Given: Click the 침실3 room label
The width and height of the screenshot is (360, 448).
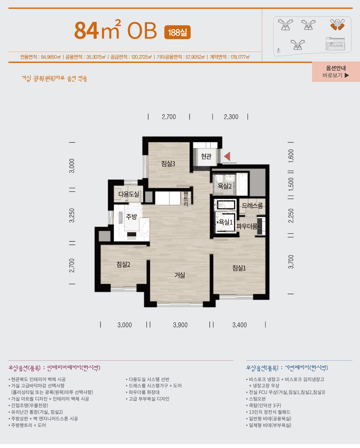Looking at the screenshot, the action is pyautogui.click(x=168, y=164).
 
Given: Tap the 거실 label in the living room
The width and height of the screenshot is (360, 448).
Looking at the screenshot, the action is pyautogui.click(x=180, y=275).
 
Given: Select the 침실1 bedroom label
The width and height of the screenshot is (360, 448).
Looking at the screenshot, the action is pyautogui.click(x=239, y=268).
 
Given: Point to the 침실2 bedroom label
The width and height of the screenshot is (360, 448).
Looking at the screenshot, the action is pyautogui.click(x=123, y=264).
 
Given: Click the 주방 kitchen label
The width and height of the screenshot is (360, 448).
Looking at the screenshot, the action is pyautogui.click(x=131, y=217).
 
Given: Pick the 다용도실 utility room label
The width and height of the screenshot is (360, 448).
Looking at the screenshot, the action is pyautogui.click(x=129, y=194).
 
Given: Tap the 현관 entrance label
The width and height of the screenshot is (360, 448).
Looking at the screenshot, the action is pyautogui.click(x=206, y=156).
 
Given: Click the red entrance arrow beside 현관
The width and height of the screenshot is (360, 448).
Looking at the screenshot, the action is pyautogui.click(x=227, y=156).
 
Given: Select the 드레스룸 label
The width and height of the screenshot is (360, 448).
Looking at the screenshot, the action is pyautogui.click(x=252, y=206).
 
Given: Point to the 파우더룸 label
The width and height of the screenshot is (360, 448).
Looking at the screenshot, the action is pyautogui.click(x=247, y=226).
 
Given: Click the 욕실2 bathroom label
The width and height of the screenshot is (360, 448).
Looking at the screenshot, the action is pyautogui.click(x=225, y=186).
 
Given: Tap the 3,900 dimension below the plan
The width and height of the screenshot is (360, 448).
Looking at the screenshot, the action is pyautogui.click(x=180, y=325).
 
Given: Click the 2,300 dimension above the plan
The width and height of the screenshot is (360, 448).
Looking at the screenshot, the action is pyautogui.click(x=231, y=117).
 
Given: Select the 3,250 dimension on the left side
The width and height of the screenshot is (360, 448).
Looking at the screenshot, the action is pyautogui.click(x=72, y=215).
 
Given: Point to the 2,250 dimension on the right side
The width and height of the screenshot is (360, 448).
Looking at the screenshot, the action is pyautogui.click(x=291, y=216).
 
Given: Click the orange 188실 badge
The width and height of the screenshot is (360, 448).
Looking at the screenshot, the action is pyautogui.click(x=178, y=32).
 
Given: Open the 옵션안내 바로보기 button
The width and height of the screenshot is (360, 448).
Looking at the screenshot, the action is pyautogui.click(x=336, y=72).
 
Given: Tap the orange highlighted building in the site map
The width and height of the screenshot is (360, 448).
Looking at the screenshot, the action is pyautogui.click(x=337, y=25).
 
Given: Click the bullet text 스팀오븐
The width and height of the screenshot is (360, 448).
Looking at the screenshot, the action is pyautogui.click(x=257, y=399).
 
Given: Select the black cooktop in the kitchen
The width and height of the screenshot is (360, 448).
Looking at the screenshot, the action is pyautogui.click(x=132, y=234).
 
